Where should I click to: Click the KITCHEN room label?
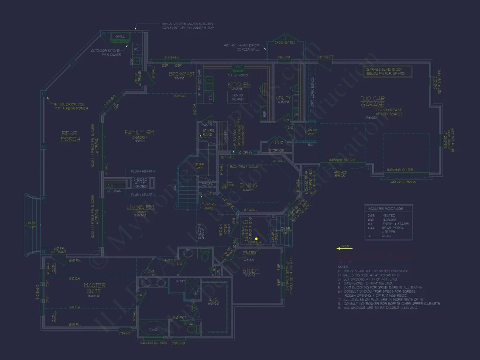pos(239,85)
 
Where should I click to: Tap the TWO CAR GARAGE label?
pos(372,102)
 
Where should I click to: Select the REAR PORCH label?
pos(71,137)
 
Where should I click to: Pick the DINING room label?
pos(248,186)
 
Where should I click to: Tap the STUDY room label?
pos(251,271)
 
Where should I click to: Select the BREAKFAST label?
pos(182,74)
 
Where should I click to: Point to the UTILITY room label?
pos(284,98)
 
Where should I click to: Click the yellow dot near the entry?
pos(257,239)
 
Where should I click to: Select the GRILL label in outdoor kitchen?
pos(120,36)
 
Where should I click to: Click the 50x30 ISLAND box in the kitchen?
pos(238,96)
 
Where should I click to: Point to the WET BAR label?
pos(114,191)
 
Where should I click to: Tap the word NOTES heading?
pos(343,267)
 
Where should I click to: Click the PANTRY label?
pos(206,125)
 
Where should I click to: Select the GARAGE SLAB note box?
pos(387,72)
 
